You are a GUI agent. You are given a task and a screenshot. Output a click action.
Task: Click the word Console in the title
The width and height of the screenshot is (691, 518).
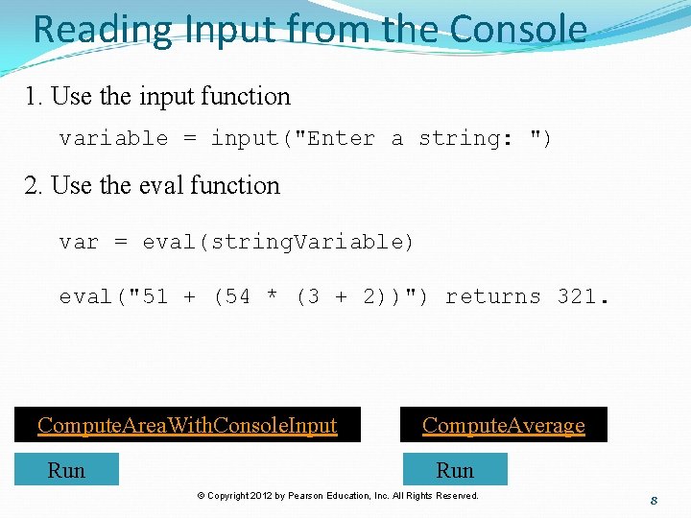point(518,30)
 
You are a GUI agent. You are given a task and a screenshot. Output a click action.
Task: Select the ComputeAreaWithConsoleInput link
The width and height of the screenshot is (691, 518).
point(187,425)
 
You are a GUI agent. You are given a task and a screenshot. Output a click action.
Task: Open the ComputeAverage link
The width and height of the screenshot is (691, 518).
point(503,425)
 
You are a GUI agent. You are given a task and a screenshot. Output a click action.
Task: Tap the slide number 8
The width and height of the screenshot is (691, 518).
point(653,501)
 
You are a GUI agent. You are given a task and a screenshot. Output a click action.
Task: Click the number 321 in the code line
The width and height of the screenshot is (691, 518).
point(578,297)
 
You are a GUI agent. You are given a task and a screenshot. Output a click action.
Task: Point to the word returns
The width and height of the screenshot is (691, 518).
point(493,297)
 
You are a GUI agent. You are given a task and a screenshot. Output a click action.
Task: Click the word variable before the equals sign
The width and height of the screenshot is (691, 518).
point(113,139)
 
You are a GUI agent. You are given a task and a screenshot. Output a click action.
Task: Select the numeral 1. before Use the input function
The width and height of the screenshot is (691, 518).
point(35,97)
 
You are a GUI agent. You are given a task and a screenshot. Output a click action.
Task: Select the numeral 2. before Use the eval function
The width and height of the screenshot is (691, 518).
point(36,185)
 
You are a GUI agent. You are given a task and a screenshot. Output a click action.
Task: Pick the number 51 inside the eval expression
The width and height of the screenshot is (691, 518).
point(155,297)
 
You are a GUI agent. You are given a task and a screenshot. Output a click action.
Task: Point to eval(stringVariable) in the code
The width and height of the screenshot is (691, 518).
point(278,242)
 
